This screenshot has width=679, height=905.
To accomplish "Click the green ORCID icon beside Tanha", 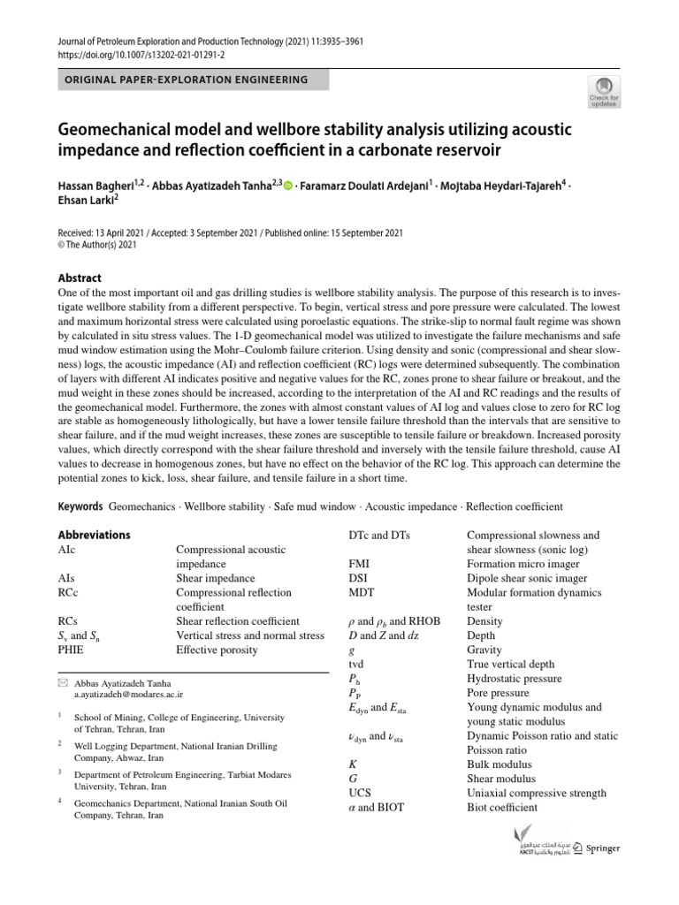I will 287,185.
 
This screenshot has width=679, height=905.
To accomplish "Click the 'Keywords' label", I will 80,506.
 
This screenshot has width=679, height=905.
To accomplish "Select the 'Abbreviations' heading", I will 94,535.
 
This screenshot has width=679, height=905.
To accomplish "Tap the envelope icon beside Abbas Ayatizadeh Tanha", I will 62,683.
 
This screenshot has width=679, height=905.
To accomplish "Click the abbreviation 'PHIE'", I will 72,650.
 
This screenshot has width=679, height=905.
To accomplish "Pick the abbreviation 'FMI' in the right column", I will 361,563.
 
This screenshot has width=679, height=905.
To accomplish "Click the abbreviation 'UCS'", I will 360,793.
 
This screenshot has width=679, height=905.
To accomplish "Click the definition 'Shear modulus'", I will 500,779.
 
